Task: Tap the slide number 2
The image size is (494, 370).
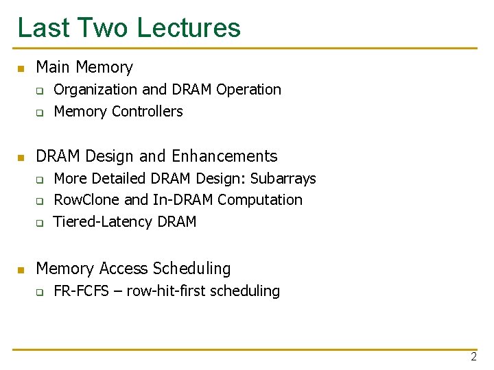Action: [473, 357]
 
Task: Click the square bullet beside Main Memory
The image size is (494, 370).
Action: [21, 69]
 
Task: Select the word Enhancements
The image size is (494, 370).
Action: [224, 156]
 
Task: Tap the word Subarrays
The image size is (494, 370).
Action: [283, 179]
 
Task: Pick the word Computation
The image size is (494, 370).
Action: [260, 200]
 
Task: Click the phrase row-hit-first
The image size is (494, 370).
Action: [165, 291]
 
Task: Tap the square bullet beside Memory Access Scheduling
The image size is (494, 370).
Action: [21, 270]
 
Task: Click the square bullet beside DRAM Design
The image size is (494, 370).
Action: [21, 158]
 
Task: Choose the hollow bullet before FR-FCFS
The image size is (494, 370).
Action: [40, 293]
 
